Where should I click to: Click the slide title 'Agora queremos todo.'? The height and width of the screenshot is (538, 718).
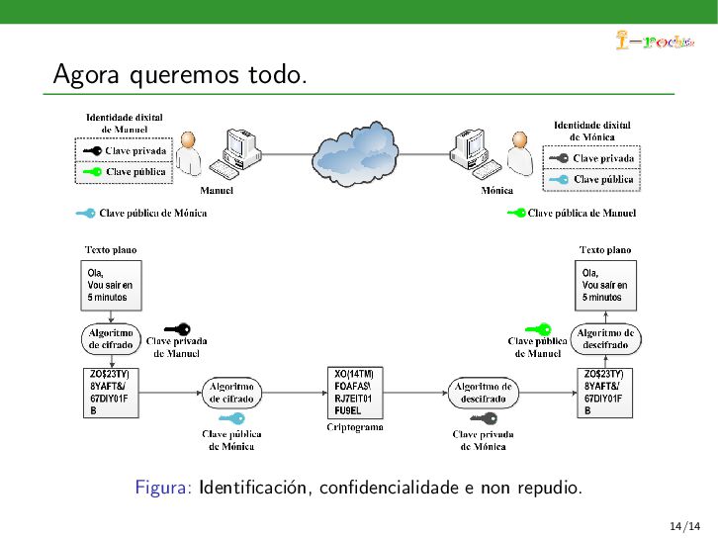click(179, 74)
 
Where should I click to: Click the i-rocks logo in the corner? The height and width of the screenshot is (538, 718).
click(653, 41)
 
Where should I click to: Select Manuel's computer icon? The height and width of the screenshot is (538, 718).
click(239, 151)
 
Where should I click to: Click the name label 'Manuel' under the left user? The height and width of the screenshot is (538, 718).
click(217, 190)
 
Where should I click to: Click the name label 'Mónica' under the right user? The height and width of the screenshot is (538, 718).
click(496, 190)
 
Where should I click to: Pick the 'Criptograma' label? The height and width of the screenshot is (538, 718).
click(354, 427)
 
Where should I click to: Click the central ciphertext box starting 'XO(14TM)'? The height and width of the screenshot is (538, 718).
click(354, 392)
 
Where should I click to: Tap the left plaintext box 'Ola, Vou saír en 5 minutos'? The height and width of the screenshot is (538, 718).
click(110, 285)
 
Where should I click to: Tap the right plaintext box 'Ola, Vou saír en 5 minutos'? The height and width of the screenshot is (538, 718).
click(605, 285)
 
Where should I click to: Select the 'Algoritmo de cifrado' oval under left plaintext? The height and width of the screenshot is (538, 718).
click(110, 339)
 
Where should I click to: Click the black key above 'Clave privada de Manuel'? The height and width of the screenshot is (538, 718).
click(177, 328)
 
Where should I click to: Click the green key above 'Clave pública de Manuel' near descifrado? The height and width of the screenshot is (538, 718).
click(537, 328)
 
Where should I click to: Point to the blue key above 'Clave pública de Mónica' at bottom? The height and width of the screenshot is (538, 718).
click(231, 418)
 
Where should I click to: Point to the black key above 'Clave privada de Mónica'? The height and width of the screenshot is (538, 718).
click(483, 418)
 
